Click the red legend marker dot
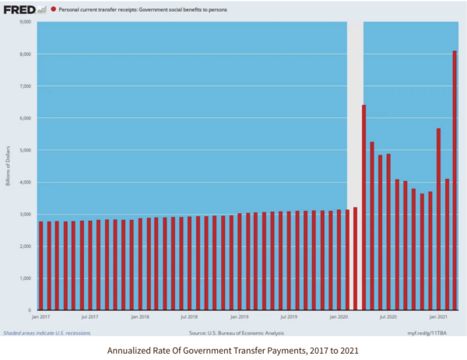52,9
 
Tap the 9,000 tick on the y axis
23,22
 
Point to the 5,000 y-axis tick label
23,150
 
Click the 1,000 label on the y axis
23,278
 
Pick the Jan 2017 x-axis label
40,317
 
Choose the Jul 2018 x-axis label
189,317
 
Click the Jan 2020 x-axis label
339,317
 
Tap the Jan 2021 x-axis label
437,317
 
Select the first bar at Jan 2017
40,265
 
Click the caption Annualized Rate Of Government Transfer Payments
233,349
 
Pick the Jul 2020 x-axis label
388,317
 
